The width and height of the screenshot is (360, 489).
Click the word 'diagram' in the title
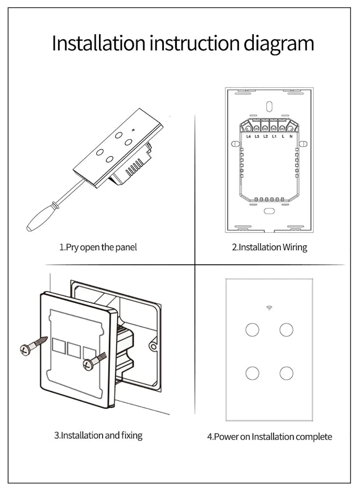pos(279,43)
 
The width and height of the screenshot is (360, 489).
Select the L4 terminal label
pos(248,137)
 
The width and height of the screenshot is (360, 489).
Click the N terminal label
pos(291,137)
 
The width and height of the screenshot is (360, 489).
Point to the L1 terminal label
pos(274,137)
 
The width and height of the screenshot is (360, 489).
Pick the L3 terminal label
pos(257,137)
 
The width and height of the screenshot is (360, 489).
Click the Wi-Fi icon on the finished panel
pos(269,308)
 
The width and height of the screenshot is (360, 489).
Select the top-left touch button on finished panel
pos(252,329)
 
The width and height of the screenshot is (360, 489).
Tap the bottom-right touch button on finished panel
pos(287,373)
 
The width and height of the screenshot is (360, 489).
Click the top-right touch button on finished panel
pos(287,329)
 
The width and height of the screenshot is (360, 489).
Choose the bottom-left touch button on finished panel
pos(252,373)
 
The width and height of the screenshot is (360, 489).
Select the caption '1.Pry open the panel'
pos(98,247)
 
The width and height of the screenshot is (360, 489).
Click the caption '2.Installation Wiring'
pos(269,247)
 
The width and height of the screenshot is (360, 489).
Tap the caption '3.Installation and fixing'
pos(98,435)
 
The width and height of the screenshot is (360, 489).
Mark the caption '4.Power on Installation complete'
pos(269,437)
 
